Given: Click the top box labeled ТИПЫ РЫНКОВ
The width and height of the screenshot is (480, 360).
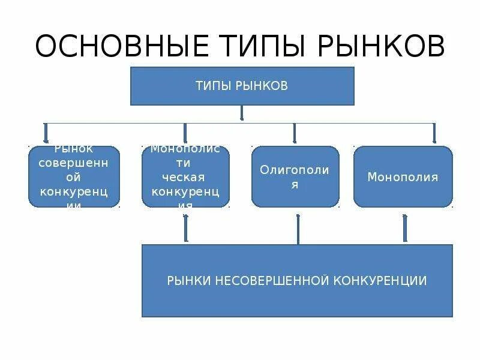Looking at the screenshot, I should (242, 86).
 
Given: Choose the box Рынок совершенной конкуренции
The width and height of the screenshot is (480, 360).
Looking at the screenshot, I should (74, 177).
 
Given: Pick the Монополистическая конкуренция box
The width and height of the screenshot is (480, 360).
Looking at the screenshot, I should (186, 177).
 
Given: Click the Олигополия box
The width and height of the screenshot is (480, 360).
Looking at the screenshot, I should (295, 177).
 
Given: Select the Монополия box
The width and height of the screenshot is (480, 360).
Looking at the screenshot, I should (403, 177).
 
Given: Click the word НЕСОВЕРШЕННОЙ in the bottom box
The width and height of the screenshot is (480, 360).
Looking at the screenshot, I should (267, 280).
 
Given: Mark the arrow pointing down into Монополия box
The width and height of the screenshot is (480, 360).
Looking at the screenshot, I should (434, 134).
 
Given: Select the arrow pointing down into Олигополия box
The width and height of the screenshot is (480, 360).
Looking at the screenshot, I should (295, 134).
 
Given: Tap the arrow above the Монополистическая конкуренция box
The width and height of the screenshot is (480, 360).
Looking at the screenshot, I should (185, 134).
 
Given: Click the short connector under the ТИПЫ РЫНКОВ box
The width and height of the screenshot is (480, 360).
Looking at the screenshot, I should (242, 114).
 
